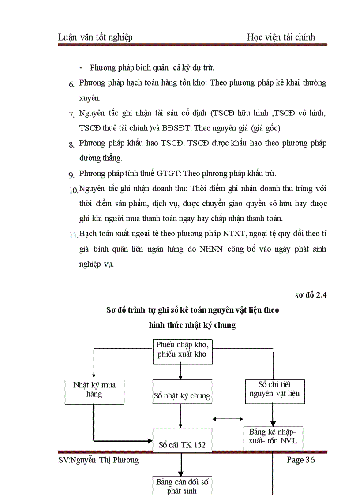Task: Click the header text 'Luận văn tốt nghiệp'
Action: point(95,37)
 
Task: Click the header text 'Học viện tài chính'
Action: point(281,37)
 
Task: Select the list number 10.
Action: point(74,190)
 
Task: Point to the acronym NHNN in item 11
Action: point(211,249)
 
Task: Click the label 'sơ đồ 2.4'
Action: point(311,295)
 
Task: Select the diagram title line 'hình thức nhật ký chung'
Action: point(192,325)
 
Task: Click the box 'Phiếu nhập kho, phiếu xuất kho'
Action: point(182,351)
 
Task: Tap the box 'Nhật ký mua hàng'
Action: point(94,391)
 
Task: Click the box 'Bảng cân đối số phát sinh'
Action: point(182,485)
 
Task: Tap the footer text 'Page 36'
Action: point(301,460)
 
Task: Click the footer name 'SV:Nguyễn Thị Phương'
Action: point(98,460)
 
